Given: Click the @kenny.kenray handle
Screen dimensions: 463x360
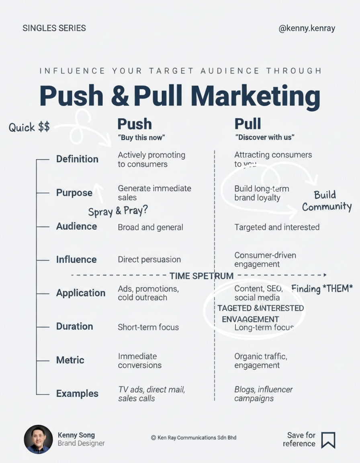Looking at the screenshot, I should click(307, 28).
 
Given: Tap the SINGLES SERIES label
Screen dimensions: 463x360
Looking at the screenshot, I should click(54, 28).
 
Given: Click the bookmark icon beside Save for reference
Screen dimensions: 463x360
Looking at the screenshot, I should click(328, 440).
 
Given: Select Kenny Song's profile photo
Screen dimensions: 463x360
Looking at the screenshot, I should click(39, 439).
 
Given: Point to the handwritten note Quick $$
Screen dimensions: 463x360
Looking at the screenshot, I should click(29, 127).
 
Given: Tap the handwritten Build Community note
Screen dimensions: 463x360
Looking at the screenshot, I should click(327, 201).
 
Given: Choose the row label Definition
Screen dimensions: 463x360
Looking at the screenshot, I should click(77, 159).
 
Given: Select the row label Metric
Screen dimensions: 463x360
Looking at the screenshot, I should click(70, 360).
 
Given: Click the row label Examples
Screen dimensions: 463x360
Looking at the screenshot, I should click(77, 393).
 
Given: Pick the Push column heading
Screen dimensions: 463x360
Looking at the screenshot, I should click(135, 124).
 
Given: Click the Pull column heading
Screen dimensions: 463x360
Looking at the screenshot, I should click(247, 124).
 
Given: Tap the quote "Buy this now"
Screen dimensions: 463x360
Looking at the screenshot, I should click(141, 137).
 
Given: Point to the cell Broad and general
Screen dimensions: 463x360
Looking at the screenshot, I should click(150, 227).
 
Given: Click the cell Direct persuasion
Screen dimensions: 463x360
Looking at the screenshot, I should click(149, 260).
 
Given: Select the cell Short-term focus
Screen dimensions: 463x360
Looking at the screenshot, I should click(148, 327).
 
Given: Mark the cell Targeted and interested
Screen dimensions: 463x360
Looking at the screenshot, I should click(277, 227).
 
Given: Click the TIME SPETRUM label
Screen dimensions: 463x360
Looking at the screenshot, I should click(201, 276).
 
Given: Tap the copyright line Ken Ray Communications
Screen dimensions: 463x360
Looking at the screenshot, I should click(194, 437).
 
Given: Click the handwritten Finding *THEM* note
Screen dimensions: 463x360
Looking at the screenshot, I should click(322, 288).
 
